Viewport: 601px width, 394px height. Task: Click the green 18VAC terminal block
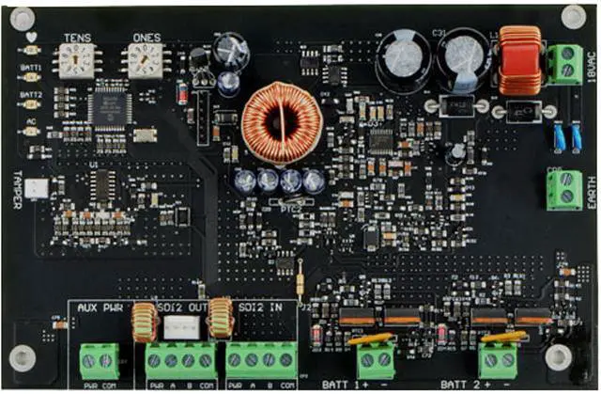[x=565, y=63]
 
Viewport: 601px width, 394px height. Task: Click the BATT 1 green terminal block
[x=375, y=358]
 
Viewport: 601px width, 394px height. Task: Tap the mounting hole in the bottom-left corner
[x=26, y=356]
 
